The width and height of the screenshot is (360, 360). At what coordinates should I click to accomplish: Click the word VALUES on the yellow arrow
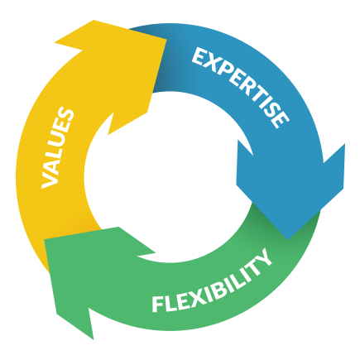(x=58, y=149)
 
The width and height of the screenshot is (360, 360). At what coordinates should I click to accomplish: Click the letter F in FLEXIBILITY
(x=158, y=305)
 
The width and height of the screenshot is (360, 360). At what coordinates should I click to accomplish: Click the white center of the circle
(x=168, y=176)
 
